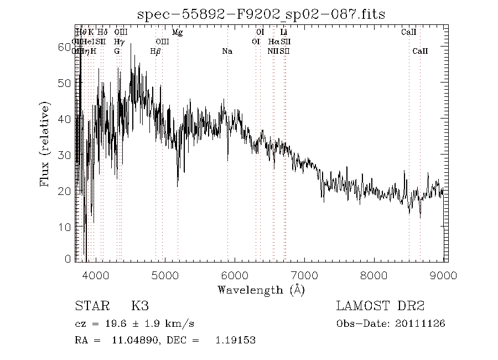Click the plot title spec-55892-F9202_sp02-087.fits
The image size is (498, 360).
[x=262, y=14]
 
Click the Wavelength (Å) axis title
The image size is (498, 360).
[x=261, y=289]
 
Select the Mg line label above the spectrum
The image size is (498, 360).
[x=177, y=33]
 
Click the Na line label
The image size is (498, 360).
[x=227, y=51]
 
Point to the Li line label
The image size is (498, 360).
[x=284, y=33]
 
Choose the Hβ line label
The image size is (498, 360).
[x=155, y=51]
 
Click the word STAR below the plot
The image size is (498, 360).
[x=89, y=306]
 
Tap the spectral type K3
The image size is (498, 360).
[x=139, y=306]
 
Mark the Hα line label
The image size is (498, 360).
[x=273, y=42]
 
